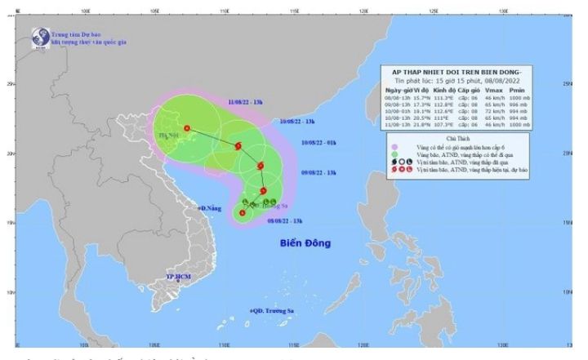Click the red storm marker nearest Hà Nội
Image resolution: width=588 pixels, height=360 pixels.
(188, 128)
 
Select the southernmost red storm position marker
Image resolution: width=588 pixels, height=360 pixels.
(242, 214)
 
